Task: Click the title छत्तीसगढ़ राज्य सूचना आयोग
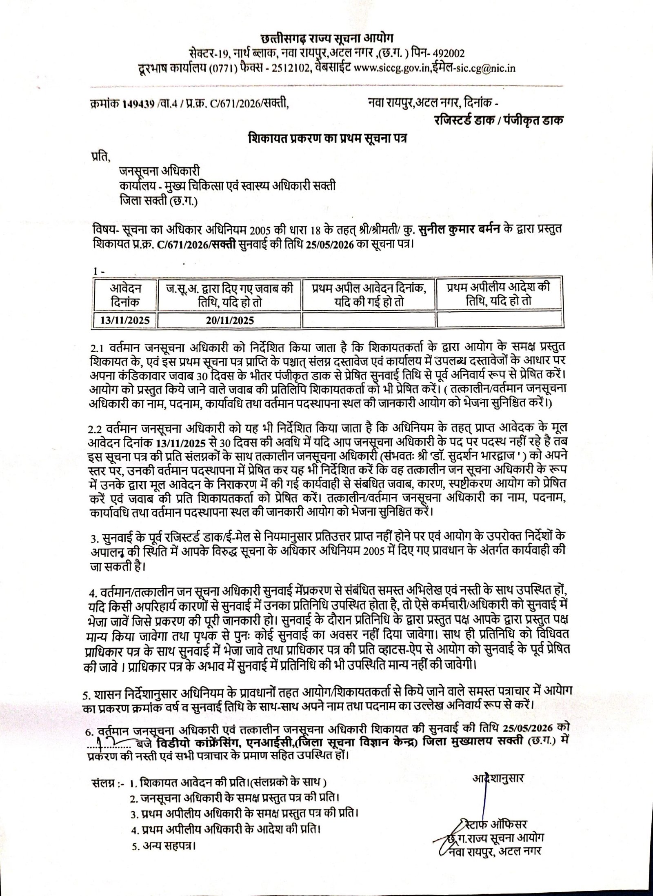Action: coord(326,39)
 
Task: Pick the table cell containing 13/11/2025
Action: coord(125,320)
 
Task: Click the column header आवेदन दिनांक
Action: coord(125,295)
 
